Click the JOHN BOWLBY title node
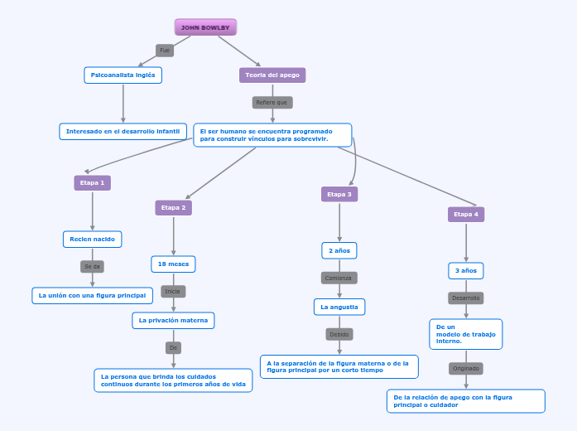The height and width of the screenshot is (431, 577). click(205, 27)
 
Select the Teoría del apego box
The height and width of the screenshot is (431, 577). click(272, 75)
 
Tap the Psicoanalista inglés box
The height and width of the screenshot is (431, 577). click(123, 75)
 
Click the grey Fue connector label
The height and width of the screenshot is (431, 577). click(165, 51)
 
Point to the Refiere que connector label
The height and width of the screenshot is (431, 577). click(272, 103)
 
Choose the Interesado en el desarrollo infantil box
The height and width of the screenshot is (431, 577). click(123, 132)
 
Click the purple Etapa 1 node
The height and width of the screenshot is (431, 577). click(92, 182)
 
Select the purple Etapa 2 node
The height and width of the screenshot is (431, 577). click(173, 207)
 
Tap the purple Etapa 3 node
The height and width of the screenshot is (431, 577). click(339, 194)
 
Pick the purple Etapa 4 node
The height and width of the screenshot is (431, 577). click(466, 215)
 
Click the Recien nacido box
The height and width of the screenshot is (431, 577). click(93, 240)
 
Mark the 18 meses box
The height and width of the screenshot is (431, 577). click(173, 264)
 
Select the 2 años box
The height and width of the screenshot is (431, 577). click(339, 250)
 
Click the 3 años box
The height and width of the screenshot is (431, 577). click(466, 271)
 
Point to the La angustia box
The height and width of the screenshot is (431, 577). click(339, 307)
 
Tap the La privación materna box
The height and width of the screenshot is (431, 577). click(174, 320)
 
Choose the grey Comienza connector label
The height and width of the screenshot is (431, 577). click(339, 278)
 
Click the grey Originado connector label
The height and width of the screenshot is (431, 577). click(466, 368)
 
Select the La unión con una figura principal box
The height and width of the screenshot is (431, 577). click(93, 295)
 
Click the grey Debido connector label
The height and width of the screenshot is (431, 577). click(339, 335)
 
